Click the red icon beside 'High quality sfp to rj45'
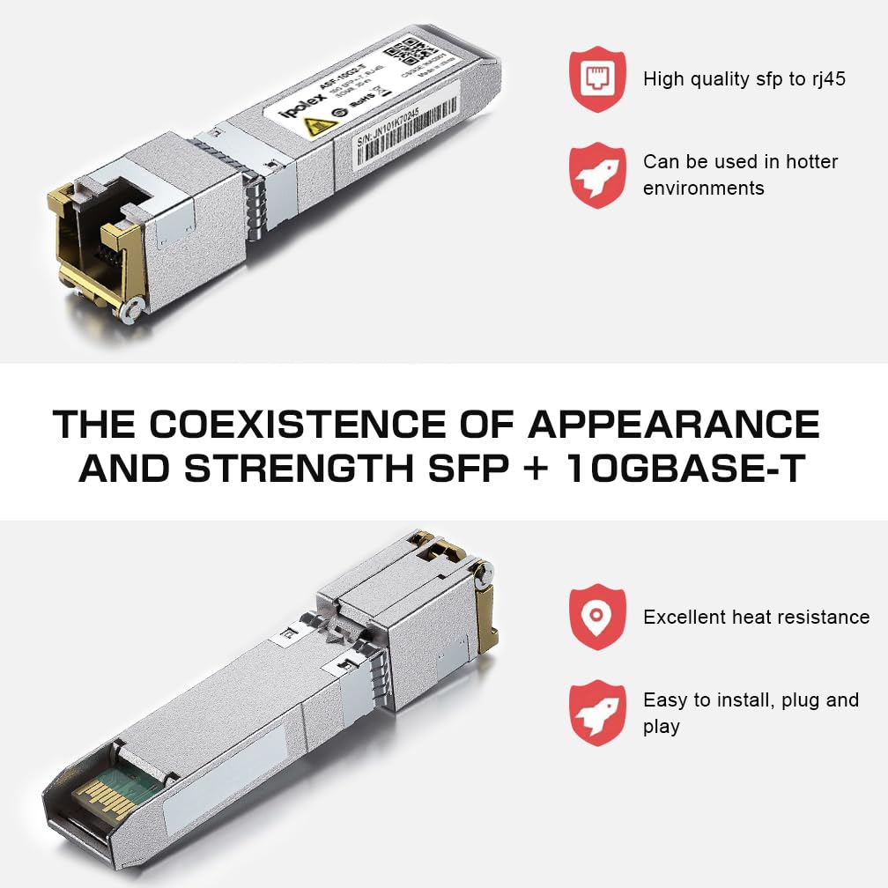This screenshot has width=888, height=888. tap(596, 79)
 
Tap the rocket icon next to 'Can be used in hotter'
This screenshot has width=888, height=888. tap(596, 174)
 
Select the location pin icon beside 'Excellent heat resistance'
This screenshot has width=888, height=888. tap(596, 617)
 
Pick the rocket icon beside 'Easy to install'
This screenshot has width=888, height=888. tap(596, 713)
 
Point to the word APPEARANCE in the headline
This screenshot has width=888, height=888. tap(673, 425)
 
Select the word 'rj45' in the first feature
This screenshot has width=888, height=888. tap(829, 79)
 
